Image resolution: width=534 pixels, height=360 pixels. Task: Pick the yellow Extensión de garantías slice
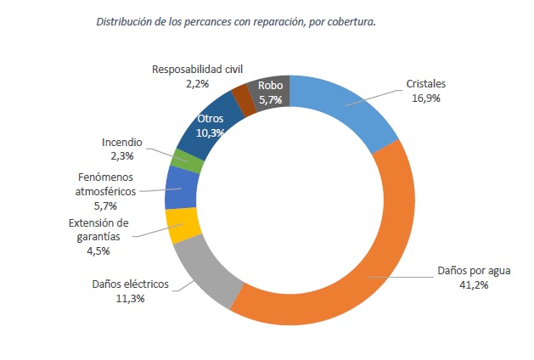click(183, 225)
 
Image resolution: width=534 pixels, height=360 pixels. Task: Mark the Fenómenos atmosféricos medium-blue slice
click(180, 188)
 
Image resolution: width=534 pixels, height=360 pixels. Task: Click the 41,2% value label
click(474, 285)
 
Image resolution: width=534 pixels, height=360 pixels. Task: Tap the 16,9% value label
click(426, 98)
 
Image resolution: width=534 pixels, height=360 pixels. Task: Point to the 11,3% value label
click(130, 298)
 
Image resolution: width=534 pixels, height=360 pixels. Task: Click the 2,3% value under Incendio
click(121, 156)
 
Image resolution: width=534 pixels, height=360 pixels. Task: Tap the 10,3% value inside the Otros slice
click(210, 132)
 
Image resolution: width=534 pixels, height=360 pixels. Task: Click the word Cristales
click(426, 85)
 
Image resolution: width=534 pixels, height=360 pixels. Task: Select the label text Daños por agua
click(474, 272)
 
